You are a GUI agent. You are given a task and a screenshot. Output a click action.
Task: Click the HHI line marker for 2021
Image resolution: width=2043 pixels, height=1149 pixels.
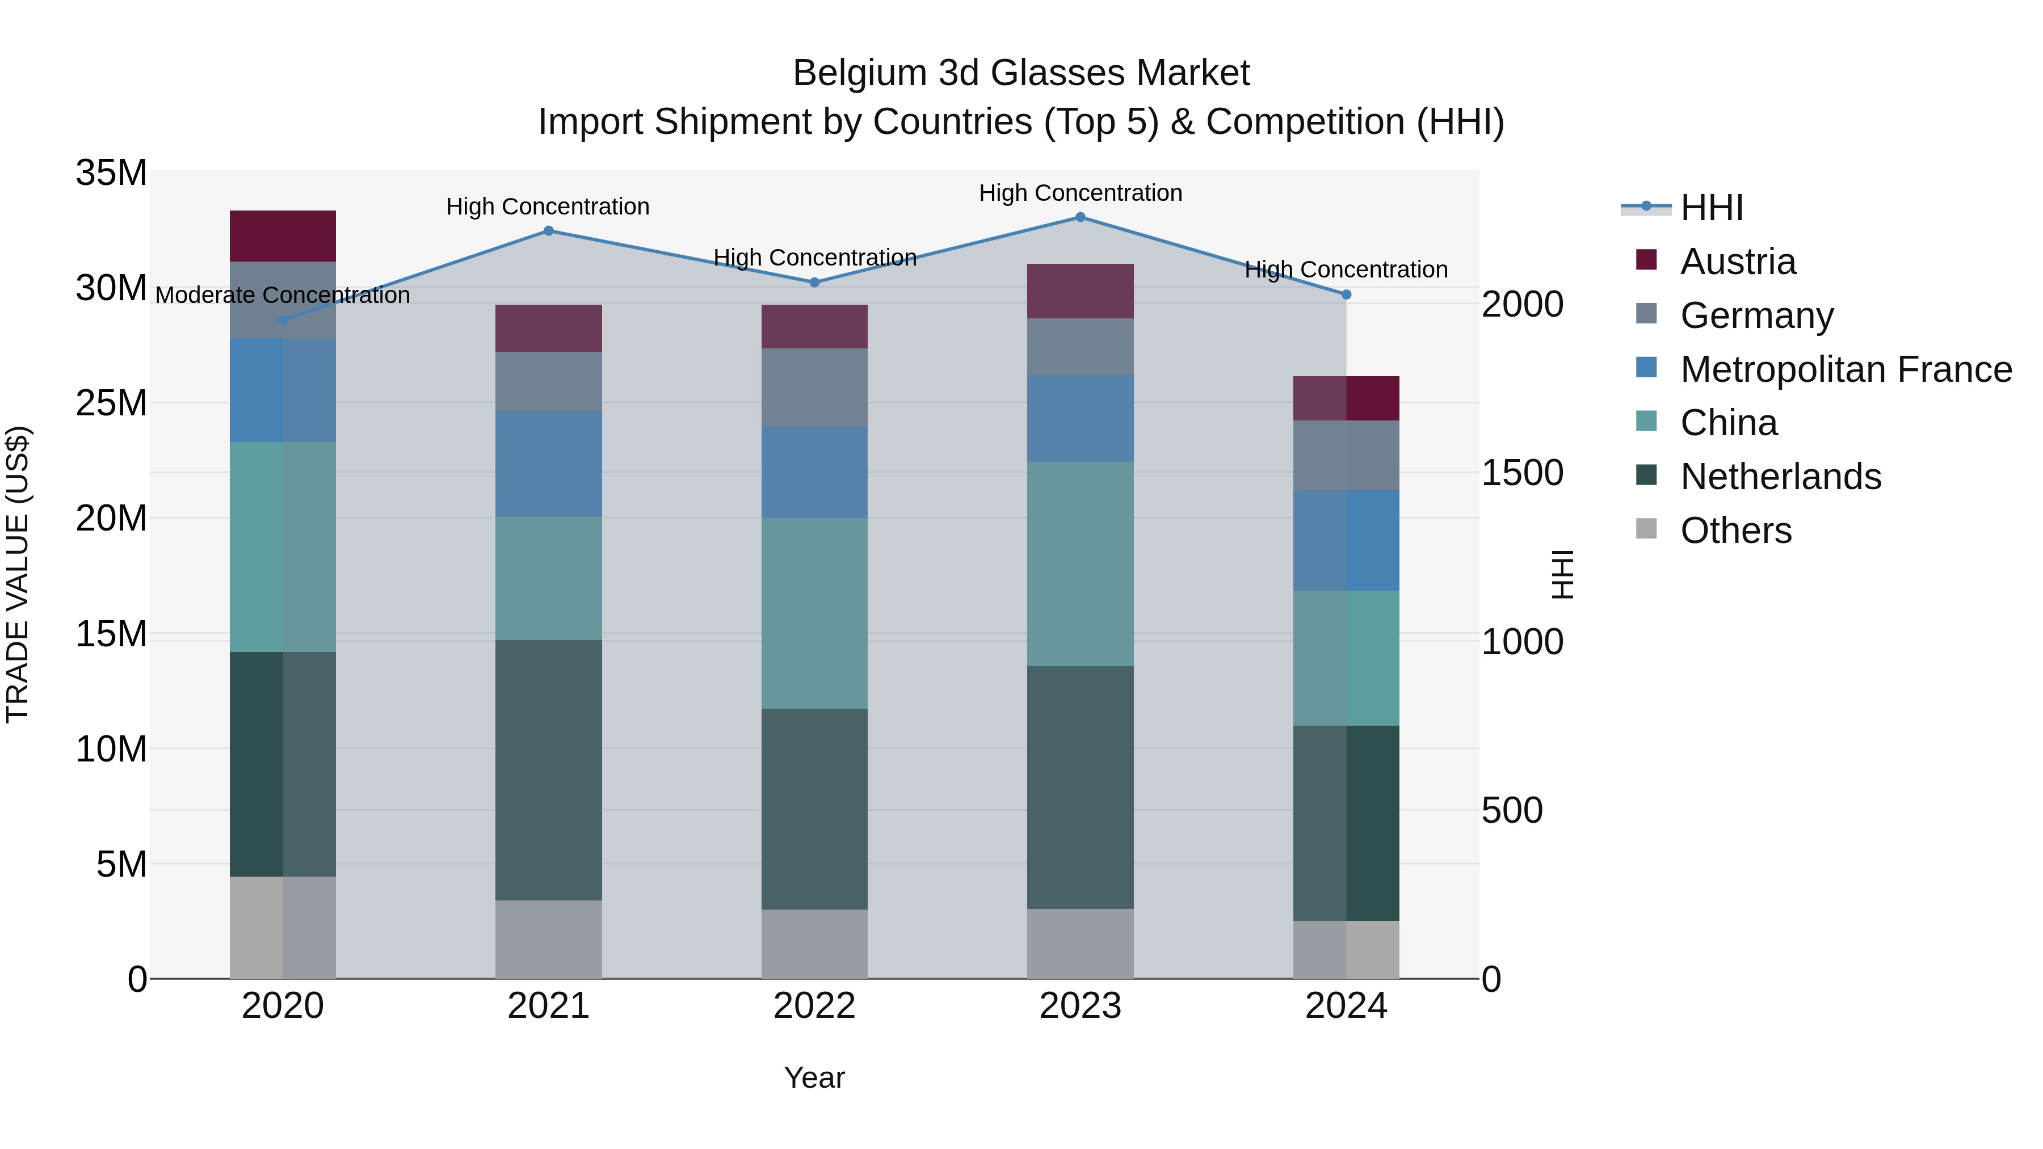click(548, 231)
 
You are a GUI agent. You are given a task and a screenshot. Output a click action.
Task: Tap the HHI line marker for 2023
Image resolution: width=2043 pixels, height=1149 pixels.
click(1080, 217)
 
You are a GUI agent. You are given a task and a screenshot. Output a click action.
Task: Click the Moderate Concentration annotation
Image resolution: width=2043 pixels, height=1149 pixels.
click(283, 295)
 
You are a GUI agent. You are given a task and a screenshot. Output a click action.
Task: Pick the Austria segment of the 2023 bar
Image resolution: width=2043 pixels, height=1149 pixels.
click(1080, 291)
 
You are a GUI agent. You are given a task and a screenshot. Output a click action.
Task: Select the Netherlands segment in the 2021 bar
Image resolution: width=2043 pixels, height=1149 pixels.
click(548, 770)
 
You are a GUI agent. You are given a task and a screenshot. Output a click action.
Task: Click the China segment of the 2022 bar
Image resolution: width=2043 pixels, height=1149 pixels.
click(814, 613)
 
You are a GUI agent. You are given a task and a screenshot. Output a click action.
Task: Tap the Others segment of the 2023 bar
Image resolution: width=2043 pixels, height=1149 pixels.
click(1080, 944)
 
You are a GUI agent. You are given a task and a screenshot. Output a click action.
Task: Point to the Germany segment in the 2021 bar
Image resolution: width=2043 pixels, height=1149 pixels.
click(548, 381)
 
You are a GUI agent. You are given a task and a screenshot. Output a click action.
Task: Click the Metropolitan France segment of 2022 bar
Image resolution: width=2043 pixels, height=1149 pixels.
click(814, 473)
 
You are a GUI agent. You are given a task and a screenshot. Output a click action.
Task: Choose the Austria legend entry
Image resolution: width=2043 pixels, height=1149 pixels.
click(1737, 262)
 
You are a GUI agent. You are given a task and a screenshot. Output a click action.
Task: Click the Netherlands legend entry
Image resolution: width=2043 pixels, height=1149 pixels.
click(1780, 477)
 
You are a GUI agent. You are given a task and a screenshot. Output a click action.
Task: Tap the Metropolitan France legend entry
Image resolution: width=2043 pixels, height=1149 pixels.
click(1845, 369)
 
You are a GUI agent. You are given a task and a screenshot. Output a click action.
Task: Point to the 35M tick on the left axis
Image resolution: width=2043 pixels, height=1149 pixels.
click(111, 173)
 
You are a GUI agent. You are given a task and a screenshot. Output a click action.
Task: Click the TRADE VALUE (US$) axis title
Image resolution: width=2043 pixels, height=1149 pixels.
click(18, 574)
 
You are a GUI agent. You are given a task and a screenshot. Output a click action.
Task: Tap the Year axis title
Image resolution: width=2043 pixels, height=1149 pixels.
click(814, 1078)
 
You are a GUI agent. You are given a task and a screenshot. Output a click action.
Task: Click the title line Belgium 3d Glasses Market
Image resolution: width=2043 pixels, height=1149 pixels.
click(1021, 73)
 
